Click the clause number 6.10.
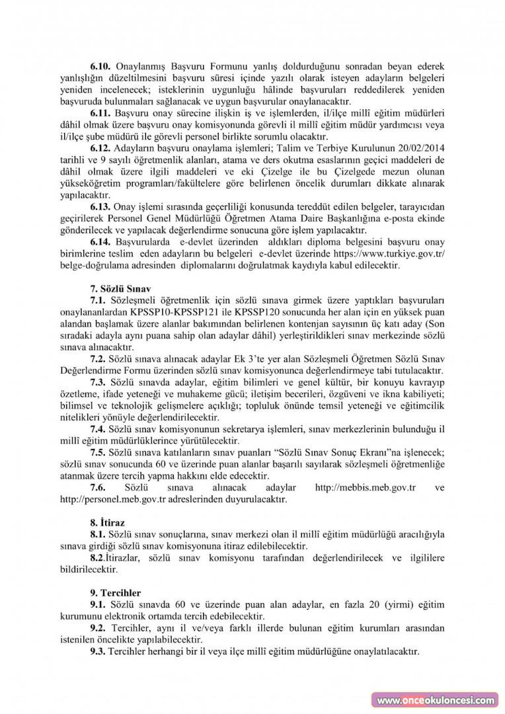101,67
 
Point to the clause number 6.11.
101,113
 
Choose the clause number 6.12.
101,149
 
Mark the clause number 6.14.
101,242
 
